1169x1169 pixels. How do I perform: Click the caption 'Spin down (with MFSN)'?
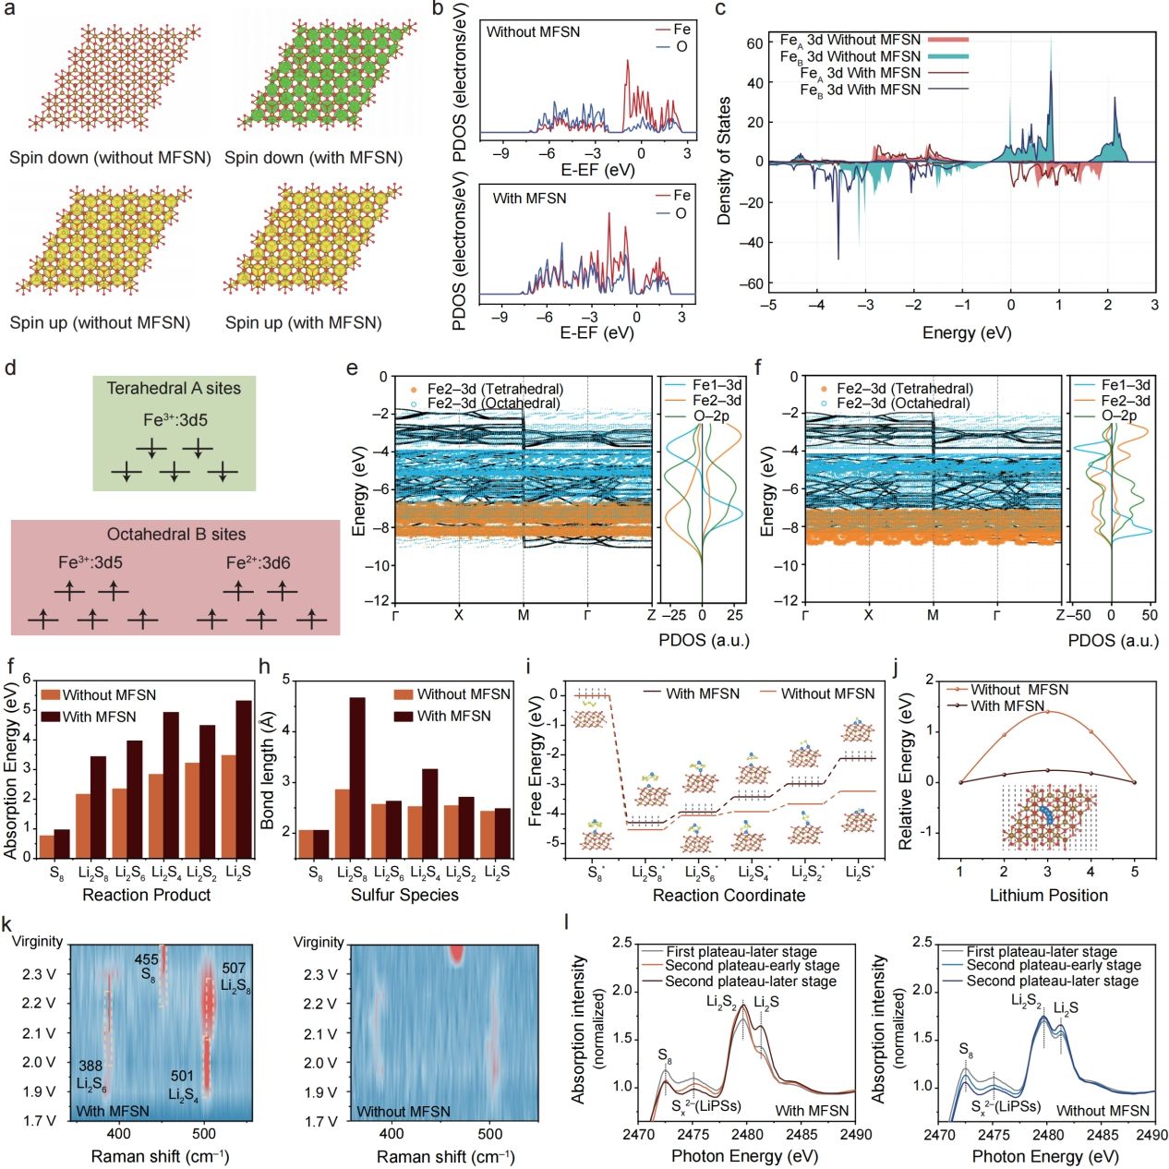313,158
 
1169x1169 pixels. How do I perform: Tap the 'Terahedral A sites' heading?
174,389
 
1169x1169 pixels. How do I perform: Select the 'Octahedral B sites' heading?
176,535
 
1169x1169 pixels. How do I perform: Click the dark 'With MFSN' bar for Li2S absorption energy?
244,779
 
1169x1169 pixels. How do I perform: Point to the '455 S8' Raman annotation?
146,967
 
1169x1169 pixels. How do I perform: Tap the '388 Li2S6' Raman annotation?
90,1074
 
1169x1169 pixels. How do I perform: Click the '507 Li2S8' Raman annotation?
235,977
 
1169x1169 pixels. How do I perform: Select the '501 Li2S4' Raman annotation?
183,1085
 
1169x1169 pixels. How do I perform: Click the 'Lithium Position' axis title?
1048,896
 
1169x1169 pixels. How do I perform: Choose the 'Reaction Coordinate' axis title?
729,896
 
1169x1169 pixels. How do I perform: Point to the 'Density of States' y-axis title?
724,161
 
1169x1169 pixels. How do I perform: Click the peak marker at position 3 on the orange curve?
1047,711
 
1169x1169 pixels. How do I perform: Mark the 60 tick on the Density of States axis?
754,43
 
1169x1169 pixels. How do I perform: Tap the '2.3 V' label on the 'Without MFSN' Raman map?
320,974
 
